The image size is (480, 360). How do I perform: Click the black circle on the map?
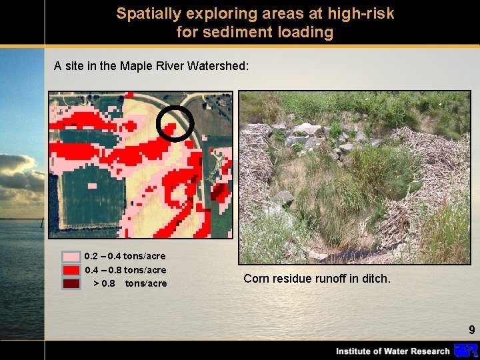point(175,123)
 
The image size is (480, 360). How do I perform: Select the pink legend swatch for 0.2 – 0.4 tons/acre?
point(71,257)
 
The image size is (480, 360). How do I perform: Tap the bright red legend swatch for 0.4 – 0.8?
point(71,270)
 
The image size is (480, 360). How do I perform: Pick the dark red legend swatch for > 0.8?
point(71,283)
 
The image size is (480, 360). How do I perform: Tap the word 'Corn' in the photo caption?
point(257,279)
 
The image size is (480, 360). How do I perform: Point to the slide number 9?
point(471,329)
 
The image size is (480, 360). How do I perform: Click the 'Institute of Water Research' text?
point(392,351)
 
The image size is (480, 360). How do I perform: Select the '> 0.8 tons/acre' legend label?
point(130,283)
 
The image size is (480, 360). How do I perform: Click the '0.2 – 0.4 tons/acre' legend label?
point(125,256)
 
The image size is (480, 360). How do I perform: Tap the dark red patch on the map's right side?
point(218,191)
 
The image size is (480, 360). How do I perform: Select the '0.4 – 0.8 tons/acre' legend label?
point(125,270)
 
